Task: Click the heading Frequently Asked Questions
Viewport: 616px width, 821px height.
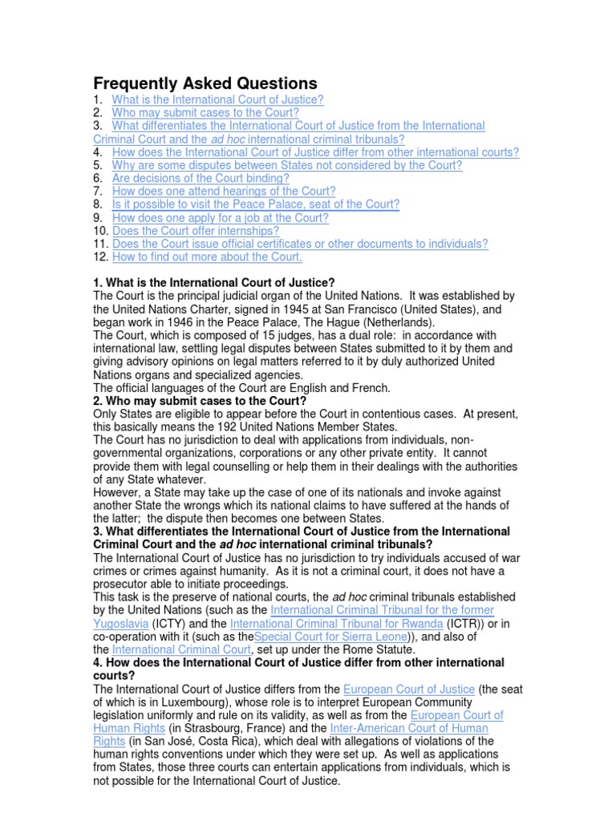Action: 205,83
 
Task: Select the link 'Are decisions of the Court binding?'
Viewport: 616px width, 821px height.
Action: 201,178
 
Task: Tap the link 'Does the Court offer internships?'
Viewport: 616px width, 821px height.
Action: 196,231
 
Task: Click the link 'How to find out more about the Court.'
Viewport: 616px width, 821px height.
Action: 207,257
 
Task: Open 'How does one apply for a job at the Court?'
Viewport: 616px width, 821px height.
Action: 221,217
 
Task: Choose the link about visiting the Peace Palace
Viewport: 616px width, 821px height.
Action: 256,204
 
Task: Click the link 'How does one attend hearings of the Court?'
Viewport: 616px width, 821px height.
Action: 224,192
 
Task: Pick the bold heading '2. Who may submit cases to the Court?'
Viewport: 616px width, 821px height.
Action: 201,400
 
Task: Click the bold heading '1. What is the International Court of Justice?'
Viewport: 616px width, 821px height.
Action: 214,283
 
